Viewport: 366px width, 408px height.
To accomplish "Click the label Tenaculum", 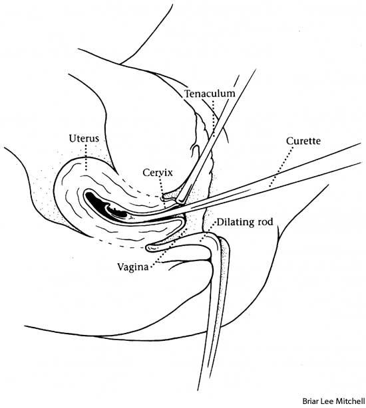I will coord(210,94).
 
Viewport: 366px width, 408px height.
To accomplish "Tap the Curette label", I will coord(304,142).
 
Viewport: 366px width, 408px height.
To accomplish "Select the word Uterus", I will coord(84,138).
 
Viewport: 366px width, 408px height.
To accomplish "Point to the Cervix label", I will coord(158,172).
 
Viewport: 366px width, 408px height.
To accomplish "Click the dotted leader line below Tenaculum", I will coord(213,120).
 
